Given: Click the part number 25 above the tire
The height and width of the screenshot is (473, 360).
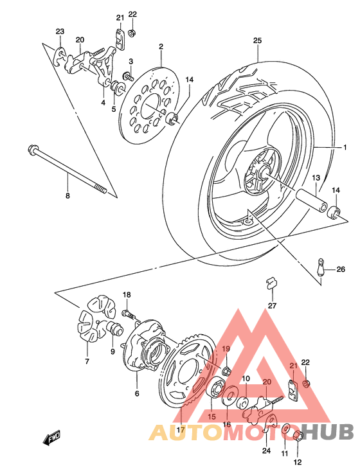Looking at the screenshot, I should coord(257,40).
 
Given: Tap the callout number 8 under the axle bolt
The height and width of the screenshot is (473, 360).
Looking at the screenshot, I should coord(66,195).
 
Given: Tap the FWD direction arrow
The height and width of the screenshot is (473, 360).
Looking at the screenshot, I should coord(52,440).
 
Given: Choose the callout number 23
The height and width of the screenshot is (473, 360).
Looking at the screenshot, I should coord(60,31).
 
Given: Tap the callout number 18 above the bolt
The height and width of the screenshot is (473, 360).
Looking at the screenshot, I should coord(127,295).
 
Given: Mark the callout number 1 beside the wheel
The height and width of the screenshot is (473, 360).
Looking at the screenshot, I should coord(344,148).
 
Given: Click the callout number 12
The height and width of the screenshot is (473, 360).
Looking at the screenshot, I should coord(298,461).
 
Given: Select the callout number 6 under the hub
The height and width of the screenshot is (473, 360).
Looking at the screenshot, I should coord(136,393).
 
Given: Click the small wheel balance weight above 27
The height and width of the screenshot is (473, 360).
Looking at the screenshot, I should coord(271,281).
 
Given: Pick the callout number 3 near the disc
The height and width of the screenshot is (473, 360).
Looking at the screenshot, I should coord(130,61).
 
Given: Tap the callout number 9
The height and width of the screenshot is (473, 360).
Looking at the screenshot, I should coord(113,350).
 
